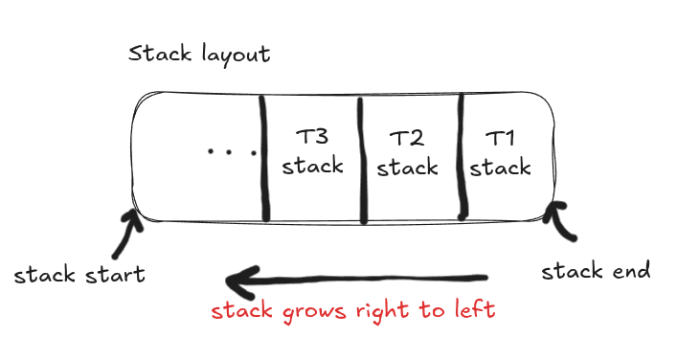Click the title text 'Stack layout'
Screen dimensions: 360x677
tap(199, 53)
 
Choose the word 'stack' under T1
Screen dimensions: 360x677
tap(500, 168)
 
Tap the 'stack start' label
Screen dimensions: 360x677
tap(79, 276)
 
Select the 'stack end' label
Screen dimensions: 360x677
tap(596, 271)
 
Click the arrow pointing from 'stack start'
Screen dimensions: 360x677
tap(127, 234)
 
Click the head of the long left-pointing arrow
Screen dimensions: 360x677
tap(237, 281)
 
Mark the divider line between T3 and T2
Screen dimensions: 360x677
tap(361, 158)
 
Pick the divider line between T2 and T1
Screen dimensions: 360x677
tap(461, 158)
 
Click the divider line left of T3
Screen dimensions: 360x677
tap(263, 158)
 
